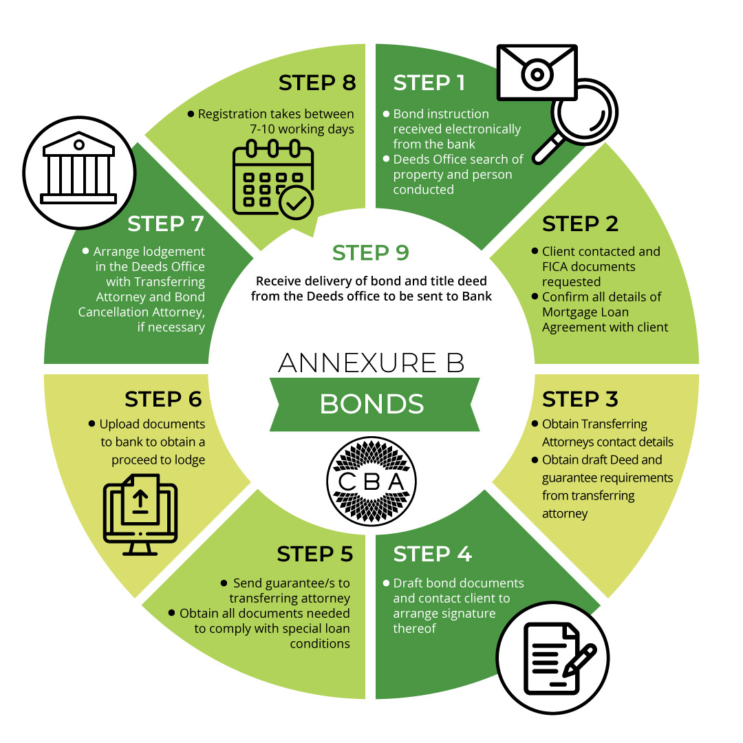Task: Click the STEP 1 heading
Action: point(429,83)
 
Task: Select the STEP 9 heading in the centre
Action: point(371,252)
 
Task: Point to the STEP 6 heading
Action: point(163,399)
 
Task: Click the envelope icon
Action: point(537,73)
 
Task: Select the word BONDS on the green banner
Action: point(371,404)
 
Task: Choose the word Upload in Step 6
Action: point(121,424)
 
